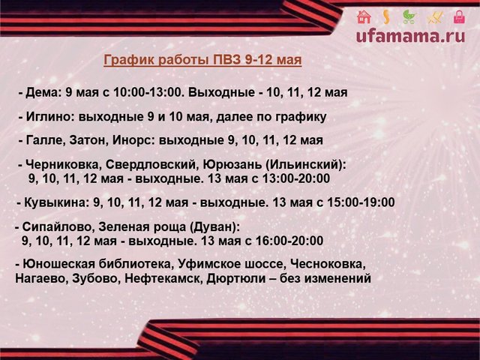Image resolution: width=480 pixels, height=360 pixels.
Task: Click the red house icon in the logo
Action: pos(364,16)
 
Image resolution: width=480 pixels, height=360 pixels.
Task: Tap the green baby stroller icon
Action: pos(409,16)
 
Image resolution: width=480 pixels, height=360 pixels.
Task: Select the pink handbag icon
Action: pos(459,16)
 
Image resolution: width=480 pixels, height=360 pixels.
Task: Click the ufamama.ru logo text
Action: pos(411,36)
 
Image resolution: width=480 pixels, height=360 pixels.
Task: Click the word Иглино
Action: pos(50,117)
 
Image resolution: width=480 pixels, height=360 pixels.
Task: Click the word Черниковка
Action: pos(64,165)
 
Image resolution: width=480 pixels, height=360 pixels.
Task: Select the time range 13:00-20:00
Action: pos(295,178)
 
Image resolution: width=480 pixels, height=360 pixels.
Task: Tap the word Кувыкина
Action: pos(56,202)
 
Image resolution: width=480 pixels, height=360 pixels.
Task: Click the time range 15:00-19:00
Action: pos(361,202)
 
